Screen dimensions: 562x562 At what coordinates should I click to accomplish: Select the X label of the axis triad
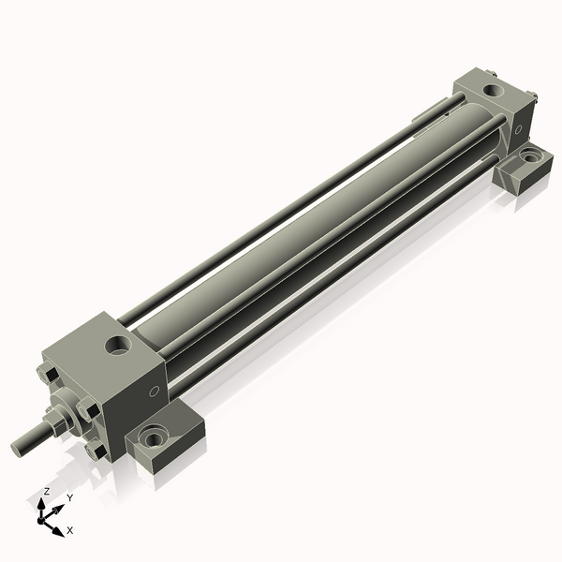[x=70, y=531]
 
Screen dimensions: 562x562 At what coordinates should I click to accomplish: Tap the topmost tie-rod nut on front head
[x=51, y=377]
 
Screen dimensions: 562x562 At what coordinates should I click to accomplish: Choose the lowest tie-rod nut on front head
[x=95, y=451]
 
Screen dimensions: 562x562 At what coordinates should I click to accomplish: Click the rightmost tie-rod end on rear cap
[x=532, y=95]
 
